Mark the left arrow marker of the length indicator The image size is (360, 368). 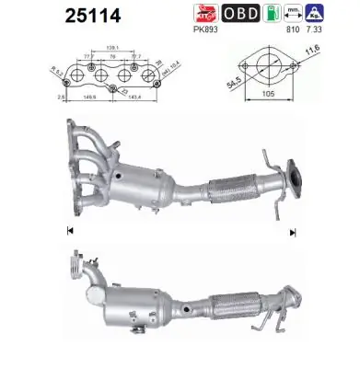tap(70, 229)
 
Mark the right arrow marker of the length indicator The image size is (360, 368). tap(292, 233)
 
